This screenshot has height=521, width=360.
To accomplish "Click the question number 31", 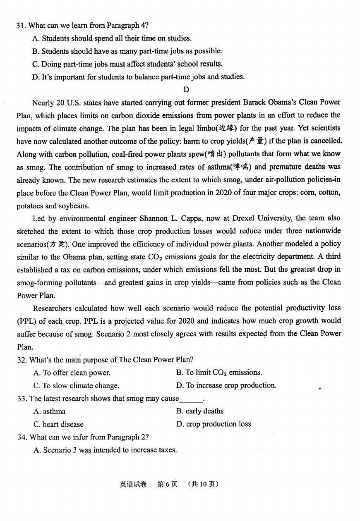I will [21, 26].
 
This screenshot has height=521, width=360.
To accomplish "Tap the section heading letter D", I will [186, 89].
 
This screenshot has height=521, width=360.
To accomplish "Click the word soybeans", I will [76, 206].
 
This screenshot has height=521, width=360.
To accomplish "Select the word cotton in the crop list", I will [329, 193].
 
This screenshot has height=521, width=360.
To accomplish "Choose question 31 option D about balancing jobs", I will [138, 77].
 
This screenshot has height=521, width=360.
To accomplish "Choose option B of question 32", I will [219, 373].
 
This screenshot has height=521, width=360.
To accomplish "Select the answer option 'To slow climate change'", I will [76, 385].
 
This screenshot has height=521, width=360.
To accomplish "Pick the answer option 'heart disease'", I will [58, 424].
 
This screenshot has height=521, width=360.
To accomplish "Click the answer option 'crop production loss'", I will [214, 424].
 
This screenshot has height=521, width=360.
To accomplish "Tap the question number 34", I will [22, 437].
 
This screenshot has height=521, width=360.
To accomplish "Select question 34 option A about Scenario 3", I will [105, 450].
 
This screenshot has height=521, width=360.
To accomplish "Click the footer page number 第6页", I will [167, 484].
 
